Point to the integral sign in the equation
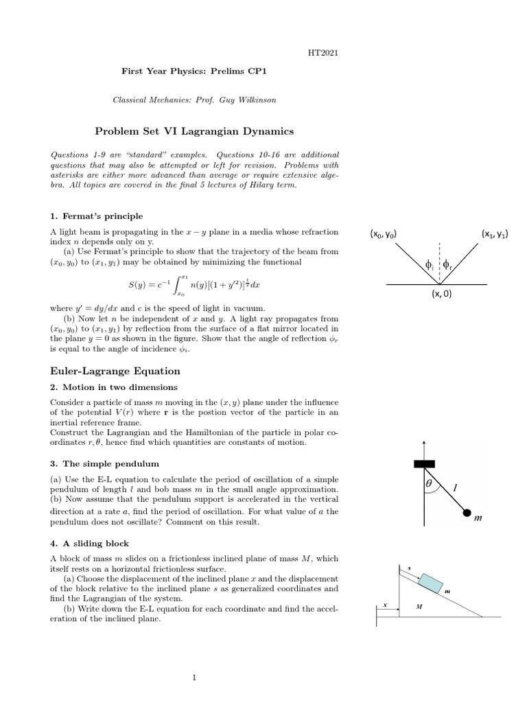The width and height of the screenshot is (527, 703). coord(174,284)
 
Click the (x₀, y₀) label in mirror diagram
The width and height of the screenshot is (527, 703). coord(384,235)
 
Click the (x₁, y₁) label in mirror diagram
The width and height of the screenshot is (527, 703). coord(494,235)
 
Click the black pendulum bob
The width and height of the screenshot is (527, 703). coord(467,512)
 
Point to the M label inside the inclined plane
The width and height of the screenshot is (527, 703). coord(419,608)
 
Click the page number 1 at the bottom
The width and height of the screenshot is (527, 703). coord(195,678)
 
